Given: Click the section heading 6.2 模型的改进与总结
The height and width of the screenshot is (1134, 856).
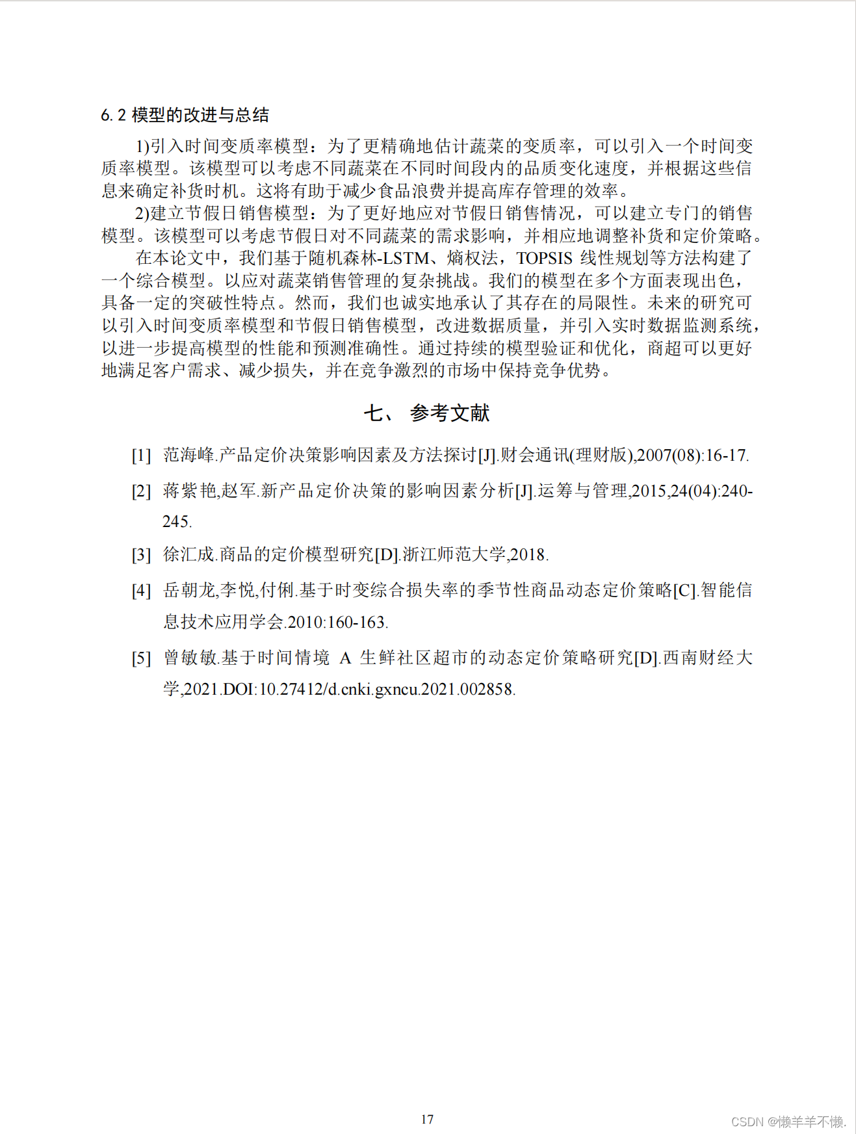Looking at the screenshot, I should coord(185,115).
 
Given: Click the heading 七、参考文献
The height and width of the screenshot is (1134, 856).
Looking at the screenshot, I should coord(426,413).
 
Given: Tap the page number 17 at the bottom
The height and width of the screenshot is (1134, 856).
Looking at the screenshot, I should coord(427,1119).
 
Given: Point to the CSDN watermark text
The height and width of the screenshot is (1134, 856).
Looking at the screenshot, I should coord(788,1122).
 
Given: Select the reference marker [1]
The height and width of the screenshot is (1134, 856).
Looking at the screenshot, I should coord(141,455).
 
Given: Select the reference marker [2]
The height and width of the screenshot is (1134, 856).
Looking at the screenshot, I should coord(141,491).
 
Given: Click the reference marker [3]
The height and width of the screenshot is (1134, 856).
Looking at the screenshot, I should coord(141,554).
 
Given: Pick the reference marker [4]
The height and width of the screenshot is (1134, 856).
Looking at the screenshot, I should coord(141,590).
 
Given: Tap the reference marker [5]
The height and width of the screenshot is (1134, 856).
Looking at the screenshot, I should coord(141,658).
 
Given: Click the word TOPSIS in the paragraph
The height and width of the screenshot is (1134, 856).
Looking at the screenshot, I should coord(545,258).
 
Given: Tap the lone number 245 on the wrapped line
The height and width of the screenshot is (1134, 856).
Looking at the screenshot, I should coord(176,521).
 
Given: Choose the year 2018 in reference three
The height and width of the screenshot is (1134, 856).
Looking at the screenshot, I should coord(528,554).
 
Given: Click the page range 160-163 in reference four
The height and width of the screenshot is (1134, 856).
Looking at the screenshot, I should coord(357,622).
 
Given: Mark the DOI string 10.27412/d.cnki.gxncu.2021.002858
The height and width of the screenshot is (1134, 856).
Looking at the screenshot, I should coord(387,689).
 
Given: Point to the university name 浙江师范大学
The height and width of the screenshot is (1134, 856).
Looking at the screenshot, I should coord(454,554).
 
